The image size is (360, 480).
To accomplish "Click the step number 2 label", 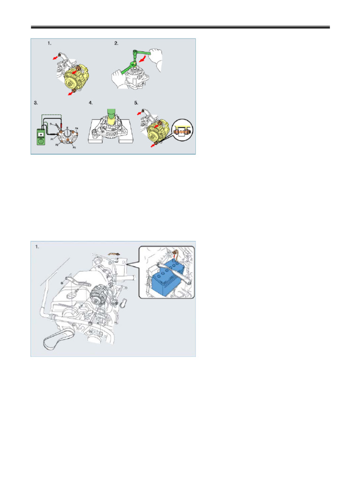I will click(x=116, y=44).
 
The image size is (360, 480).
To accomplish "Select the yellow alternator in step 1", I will click(x=77, y=75).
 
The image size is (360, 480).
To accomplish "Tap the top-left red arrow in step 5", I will click(x=140, y=112).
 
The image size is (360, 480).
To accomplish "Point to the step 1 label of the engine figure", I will click(x=37, y=246).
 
